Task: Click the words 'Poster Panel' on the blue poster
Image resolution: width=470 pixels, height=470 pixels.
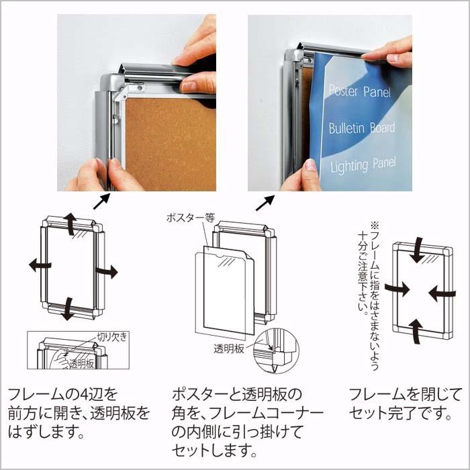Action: tap(360, 91)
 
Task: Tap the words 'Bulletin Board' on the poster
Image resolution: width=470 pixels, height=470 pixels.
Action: tap(362, 128)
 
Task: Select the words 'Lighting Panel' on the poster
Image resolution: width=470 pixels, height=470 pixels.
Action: tap(363, 165)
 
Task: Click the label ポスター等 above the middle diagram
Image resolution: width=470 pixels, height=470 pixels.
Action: tap(191, 218)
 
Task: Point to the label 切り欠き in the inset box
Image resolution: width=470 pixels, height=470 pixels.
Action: tap(112, 336)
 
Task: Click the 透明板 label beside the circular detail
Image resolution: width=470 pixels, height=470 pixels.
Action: tap(229, 348)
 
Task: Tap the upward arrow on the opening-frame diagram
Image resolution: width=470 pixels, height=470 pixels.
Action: tap(70, 224)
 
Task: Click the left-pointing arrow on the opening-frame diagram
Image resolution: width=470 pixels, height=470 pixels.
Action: tap(40, 265)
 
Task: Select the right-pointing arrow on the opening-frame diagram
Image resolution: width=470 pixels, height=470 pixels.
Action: tap(107, 271)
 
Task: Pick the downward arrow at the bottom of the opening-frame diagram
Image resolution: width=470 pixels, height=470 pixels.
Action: tap(68, 309)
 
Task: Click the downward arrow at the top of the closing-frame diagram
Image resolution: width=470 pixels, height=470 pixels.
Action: tap(418, 250)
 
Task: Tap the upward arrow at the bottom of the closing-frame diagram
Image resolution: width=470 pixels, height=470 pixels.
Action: tap(416, 331)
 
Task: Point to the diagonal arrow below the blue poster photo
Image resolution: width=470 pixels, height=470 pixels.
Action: tap(265, 203)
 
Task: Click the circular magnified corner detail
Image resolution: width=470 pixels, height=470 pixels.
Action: tap(276, 351)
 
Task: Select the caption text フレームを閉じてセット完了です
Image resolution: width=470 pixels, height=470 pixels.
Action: tap(406, 404)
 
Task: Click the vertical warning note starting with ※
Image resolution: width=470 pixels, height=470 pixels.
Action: tap(369, 296)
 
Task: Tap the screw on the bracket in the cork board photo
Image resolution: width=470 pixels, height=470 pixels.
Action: tap(140, 88)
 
